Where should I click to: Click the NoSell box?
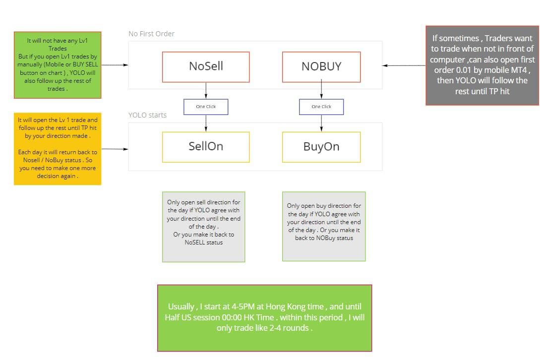click(206, 67)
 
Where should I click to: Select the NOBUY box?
click(321, 67)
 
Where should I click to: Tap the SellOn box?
click(206, 147)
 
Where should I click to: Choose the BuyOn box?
click(321, 147)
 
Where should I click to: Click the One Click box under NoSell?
click(206, 107)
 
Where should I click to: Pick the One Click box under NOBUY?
click(321, 107)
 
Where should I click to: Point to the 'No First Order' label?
click(151, 34)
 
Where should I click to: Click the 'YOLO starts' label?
click(147, 115)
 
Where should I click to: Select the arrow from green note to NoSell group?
click(115, 65)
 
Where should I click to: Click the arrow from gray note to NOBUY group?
click(404, 65)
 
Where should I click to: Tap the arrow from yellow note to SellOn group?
click(115, 149)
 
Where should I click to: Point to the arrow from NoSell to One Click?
click(206, 91)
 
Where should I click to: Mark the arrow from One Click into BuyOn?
click(321, 123)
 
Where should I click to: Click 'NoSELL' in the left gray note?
click(193, 242)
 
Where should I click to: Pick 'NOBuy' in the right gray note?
click(325, 238)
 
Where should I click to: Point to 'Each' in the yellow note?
click(25, 152)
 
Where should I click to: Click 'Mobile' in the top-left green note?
click(53, 64)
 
